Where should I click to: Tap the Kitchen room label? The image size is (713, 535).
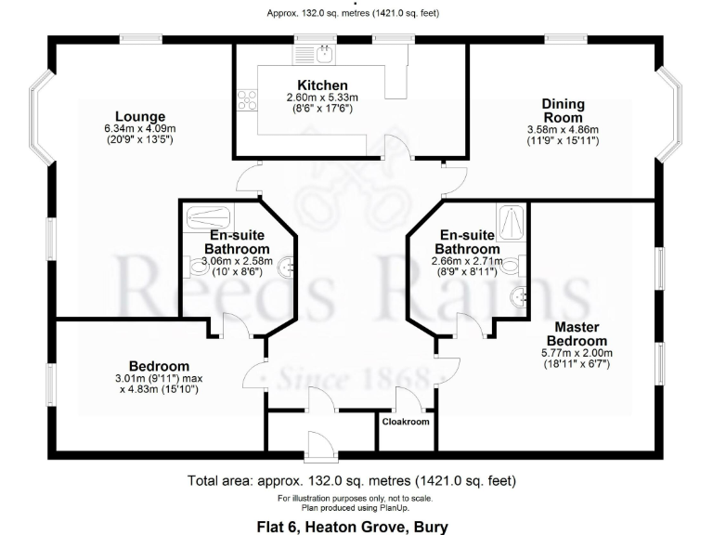pos(322,85)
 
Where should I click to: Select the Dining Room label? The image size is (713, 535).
pos(564,111)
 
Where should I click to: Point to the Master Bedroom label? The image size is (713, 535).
pos(577,333)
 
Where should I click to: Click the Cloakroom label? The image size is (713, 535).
pos(407,422)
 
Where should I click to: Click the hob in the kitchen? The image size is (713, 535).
pos(248,99)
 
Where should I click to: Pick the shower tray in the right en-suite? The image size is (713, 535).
pos(511,220)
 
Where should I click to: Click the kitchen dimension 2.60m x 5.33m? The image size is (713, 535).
pos(322,98)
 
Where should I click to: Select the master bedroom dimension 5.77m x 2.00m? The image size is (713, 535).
pos(577,353)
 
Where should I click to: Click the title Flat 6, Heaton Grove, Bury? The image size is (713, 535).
pos(352,527)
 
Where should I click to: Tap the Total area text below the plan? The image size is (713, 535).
pos(352,481)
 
